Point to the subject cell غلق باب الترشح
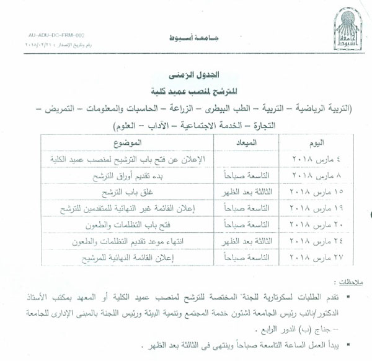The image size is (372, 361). (x=128, y=191)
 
